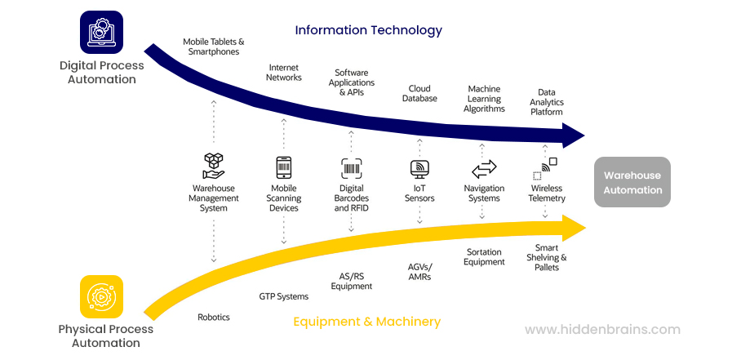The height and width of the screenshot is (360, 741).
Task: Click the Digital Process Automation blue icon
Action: tap(101, 32)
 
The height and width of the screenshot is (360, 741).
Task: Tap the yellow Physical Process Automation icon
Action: tap(101, 296)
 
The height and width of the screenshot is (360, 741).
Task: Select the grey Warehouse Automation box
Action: tap(632, 182)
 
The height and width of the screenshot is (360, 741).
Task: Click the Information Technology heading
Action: tap(369, 30)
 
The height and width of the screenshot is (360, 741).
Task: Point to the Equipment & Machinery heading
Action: tap(367, 322)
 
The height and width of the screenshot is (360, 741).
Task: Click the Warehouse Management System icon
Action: tap(214, 166)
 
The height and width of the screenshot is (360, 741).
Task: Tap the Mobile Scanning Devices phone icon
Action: tap(284, 168)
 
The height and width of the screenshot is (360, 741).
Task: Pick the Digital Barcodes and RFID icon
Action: tap(352, 169)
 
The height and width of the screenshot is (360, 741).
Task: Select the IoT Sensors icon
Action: tap(419, 169)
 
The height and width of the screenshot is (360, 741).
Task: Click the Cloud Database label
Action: tap(419, 94)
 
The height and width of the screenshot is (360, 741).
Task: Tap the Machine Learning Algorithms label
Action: tap(484, 99)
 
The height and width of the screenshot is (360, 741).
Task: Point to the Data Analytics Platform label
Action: tap(547, 102)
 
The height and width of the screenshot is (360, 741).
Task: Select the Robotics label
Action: tap(214, 317)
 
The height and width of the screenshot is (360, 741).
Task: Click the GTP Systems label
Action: tap(284, 296)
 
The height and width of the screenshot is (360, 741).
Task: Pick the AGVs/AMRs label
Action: tap(419, 272)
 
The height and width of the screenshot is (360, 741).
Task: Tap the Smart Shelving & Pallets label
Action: tap(547, 257)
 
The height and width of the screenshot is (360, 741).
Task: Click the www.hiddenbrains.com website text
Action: tap(602, 330)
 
